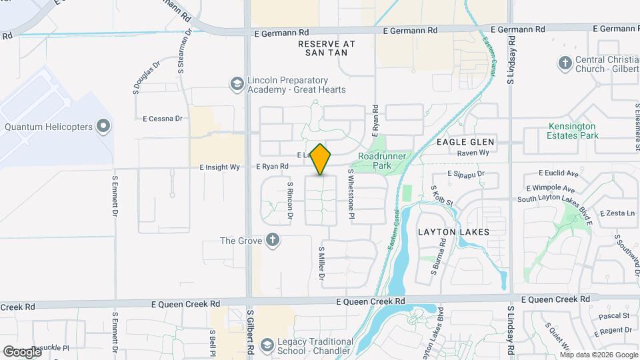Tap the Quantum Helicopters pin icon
click(x=103, y=125)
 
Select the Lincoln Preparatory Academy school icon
click(x=236, y=83)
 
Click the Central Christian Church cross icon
click(x=564, y=63)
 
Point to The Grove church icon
click(x=272, y=241)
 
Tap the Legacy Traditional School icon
click(x=267, y=345)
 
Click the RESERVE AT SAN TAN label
click(x=327, y=47)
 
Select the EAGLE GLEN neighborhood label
click(x=465, y=142)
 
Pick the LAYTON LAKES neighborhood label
click(x=453, y=232)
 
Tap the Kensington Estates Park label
click(x=573, y=131)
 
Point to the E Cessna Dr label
click(x=163, y=119)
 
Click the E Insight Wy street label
click(x=219, y=167)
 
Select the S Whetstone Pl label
click(x=351, y=195)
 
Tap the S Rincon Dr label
click(x=290, y=200)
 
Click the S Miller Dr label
click(x=321, y=262)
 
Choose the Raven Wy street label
click(x=473, y=153)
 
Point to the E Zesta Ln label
click(x=617, y=213)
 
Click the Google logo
click(x=22, y=351)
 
